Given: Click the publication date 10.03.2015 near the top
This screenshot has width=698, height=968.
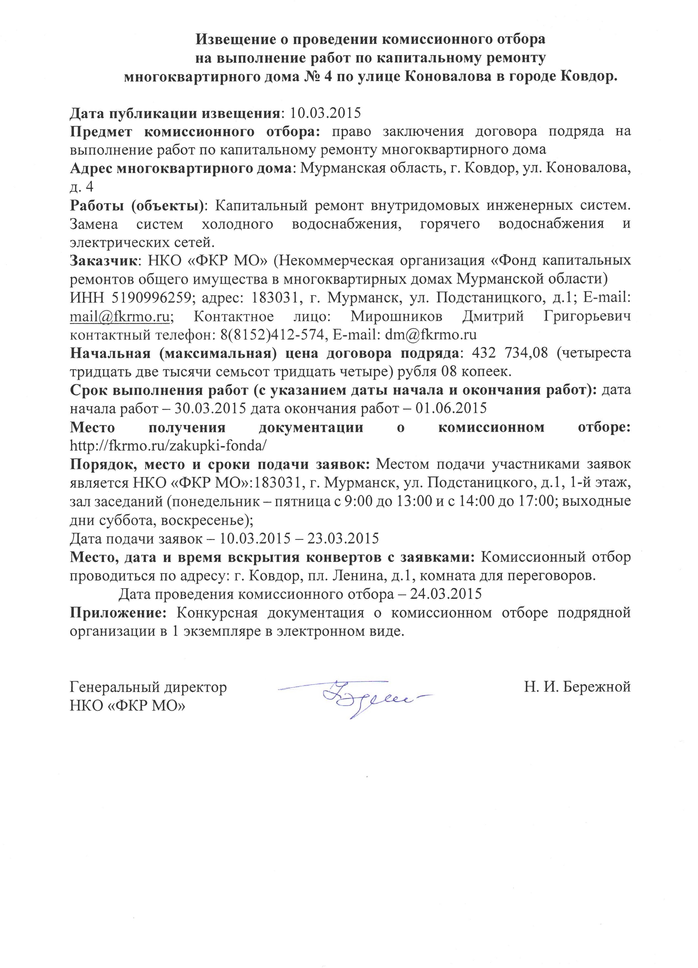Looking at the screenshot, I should (325, 113).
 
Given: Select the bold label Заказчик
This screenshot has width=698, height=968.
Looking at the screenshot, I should (102, 260).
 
